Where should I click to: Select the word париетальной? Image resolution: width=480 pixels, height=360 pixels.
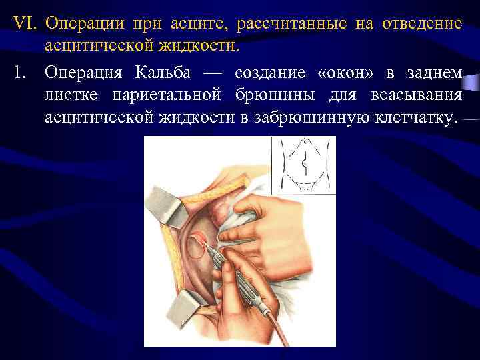click(x=168, y=95)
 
